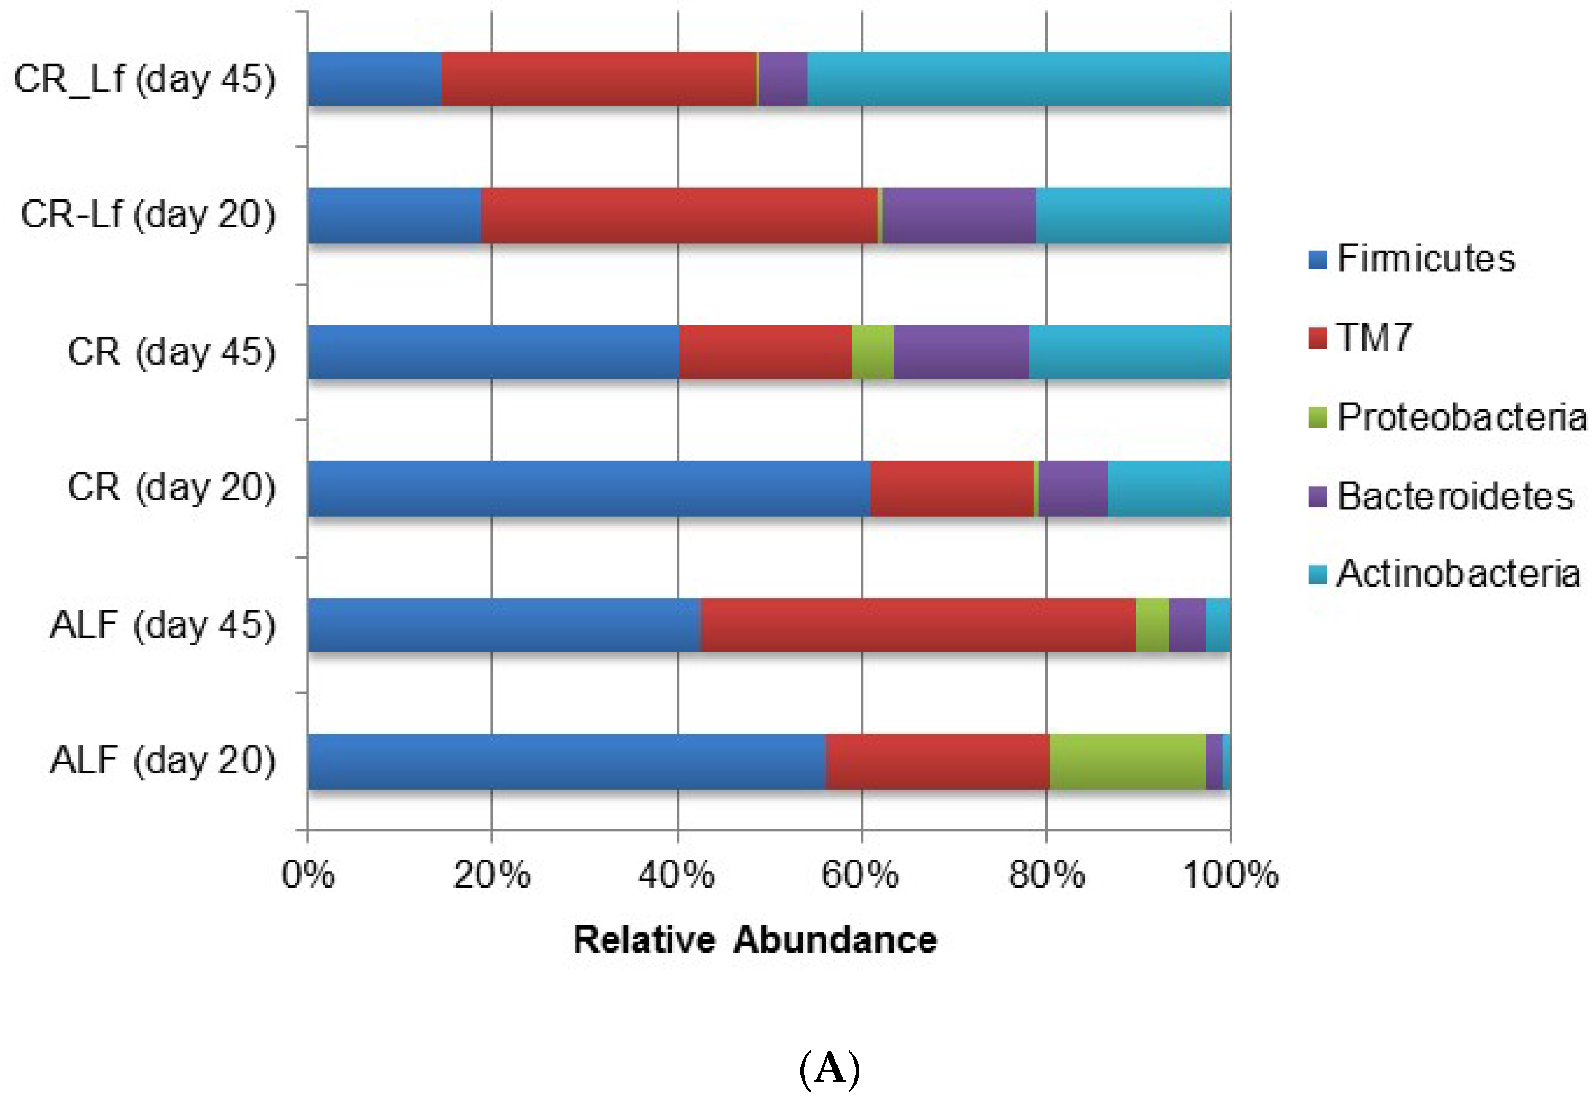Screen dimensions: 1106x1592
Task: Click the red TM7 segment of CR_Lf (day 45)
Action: pos(598,79)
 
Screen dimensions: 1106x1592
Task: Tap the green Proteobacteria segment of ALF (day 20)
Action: pos(1127,761)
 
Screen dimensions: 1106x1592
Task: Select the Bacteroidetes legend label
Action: pos(1455,496)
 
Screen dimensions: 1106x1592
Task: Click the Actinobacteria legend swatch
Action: pos(1317,574)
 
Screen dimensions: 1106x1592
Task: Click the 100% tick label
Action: pos(1230,874)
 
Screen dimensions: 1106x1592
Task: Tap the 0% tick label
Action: pos(308,874)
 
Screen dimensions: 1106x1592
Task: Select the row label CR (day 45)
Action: pos(171,352)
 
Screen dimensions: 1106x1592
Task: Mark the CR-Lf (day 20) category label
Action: pos(148,214)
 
